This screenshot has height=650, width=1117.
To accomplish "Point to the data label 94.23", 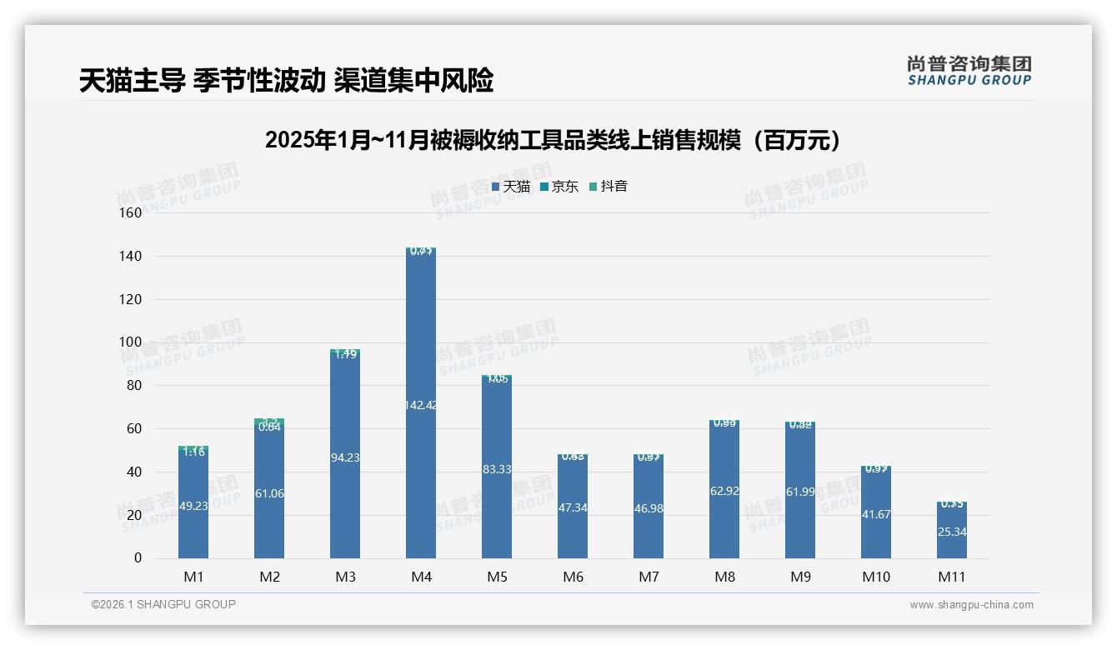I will pos(345,457).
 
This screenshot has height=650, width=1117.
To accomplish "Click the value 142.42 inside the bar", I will pos(421,405).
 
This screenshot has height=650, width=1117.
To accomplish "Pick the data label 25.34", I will pos(952,532).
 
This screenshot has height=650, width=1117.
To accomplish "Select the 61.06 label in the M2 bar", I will pos(269,493).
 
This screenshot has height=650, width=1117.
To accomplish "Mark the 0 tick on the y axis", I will pos(138,558).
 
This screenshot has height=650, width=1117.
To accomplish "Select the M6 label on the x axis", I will pos(573,577).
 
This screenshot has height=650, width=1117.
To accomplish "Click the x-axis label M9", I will pos(799,577).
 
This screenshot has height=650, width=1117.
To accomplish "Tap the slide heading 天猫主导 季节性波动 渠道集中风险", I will pos(287,81).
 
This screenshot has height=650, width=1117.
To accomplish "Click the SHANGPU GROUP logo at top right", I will pos(969,71).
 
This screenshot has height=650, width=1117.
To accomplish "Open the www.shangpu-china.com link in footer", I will pos(971,605).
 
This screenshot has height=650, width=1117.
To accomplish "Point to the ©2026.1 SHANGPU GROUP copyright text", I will pos(163,604).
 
